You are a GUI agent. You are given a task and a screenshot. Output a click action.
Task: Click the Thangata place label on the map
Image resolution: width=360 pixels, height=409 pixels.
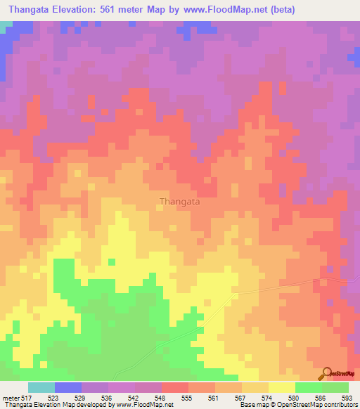(179, 201)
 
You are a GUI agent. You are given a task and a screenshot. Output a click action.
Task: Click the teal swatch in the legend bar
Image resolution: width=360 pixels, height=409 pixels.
(41, 387)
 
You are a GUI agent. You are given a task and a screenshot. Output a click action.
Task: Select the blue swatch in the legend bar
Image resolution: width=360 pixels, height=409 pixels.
(68, 387)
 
